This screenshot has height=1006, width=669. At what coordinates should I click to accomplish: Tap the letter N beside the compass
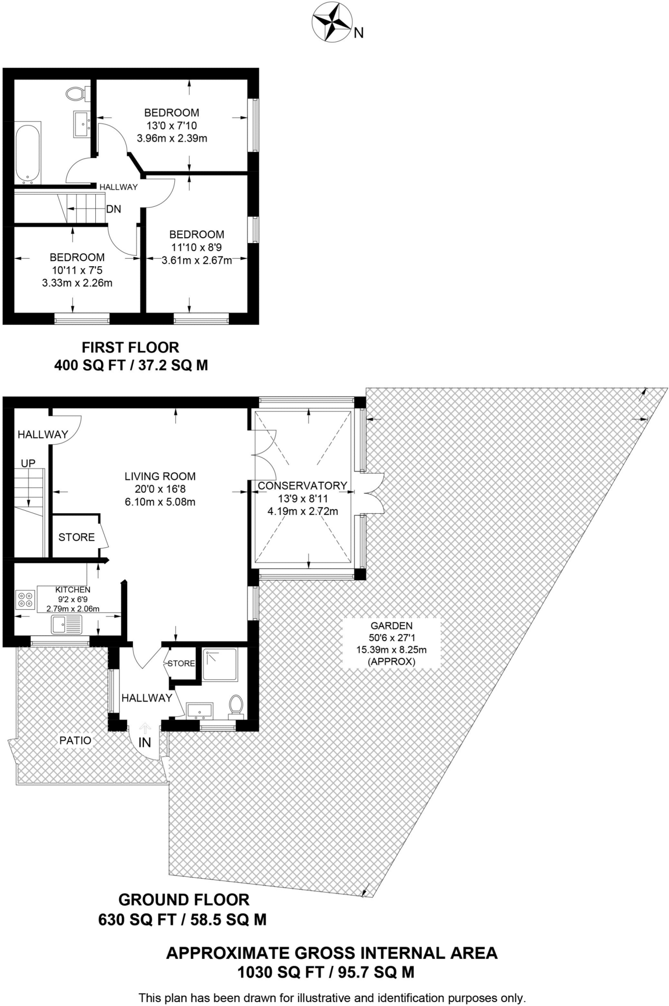tap(359, 33)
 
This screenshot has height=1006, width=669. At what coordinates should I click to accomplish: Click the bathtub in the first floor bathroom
tap(27, 153)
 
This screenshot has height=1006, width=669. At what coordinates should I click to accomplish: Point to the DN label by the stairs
tap(113, 209)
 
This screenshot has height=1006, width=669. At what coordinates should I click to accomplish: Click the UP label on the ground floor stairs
tap(28, 463)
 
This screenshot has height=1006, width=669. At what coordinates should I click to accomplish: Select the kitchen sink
tap(67, 625)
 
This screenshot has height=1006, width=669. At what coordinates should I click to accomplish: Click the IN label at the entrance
tap(144, 743)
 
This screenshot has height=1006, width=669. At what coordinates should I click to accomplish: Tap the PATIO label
tap(75, 740)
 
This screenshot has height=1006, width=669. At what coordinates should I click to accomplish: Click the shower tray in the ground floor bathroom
tap(220, 665)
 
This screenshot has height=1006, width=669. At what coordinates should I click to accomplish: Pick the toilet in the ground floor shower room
tap(236, 705)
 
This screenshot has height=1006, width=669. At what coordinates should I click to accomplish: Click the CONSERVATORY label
tap(302, 486)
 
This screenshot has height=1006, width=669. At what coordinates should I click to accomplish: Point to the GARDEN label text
tap(391, 626)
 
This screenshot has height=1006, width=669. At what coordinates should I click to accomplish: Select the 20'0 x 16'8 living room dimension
tap(160, 489)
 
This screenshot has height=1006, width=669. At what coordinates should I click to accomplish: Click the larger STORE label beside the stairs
tap(77, 537)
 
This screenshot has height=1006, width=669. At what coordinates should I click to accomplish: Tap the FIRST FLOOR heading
tap(130, 348)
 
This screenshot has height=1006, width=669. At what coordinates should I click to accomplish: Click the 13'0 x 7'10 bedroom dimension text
tap(171, 126)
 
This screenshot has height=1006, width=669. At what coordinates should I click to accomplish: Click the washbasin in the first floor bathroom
tap(80, 124)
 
